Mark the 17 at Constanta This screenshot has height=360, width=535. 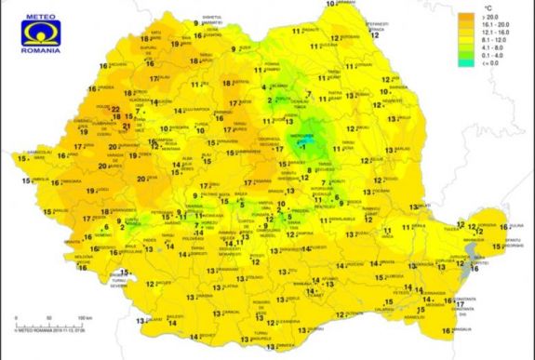pos(459,303)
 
